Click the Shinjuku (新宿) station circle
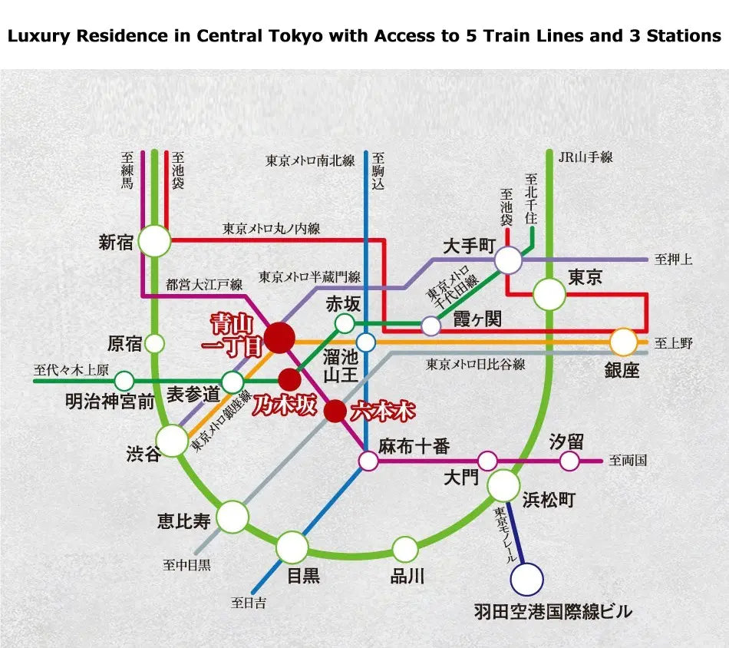coord(154,241)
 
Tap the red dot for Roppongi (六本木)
coord(335,411)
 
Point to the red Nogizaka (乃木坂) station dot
coord(289,379)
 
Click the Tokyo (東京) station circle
coord(549,294)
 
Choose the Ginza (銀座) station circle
coord(624,342)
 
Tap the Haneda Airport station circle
coord(527,580)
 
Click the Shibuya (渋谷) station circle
coord(173,441)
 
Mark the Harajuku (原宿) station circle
coord(155,343)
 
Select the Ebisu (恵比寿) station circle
coord(233,517)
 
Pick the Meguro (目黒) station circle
coord(292,547)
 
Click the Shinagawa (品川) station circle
coord(405,549)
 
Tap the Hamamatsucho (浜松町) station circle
coord(503,485)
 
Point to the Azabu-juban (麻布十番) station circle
coord(368,461)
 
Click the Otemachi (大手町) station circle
coord(508,260)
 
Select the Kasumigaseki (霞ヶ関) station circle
coord(431,326)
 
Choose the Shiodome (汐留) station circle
coord(569,461)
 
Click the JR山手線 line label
coord(586,157)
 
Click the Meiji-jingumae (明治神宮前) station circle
coord(124,380)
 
